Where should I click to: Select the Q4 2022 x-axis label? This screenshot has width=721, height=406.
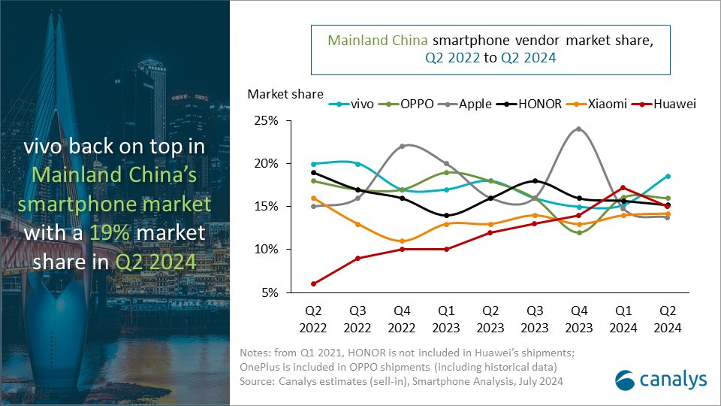402,320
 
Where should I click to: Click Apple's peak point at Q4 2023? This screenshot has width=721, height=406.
578,129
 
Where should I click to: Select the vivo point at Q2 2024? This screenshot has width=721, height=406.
667,177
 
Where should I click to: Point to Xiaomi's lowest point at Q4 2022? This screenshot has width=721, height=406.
402,241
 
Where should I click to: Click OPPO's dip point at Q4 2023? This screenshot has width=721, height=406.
578,232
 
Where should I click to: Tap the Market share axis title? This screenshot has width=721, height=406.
285,94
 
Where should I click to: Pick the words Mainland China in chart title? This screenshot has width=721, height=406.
373,41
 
